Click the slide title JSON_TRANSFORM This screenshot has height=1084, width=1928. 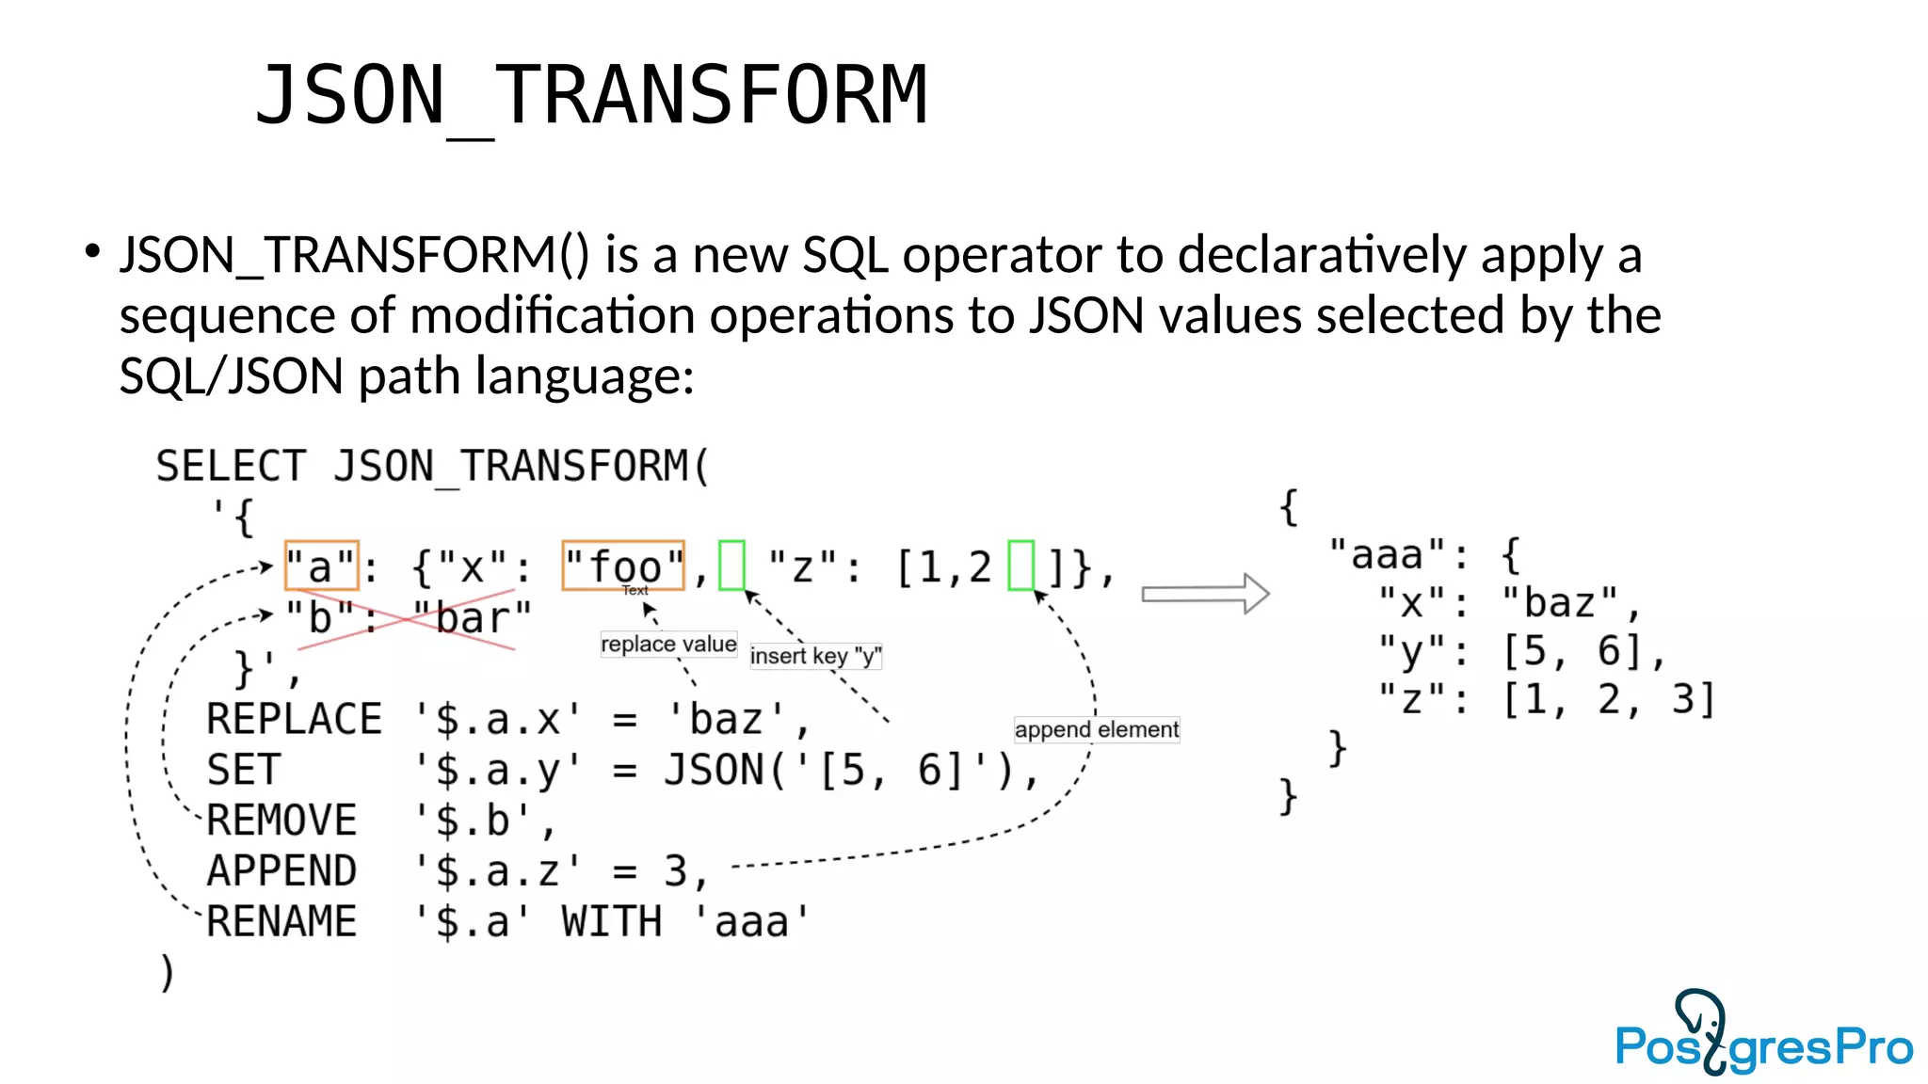pyautogui.click(x=591, y=95)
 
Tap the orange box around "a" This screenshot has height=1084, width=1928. pyautogui.click(x=321, y=566)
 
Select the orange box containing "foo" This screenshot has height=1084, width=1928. pyautogui.click(x=622, y=566)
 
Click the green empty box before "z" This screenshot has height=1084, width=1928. pyautogui.click(x=731, y=565)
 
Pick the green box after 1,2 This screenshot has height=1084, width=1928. pyautogui.click(x=1020, y=565)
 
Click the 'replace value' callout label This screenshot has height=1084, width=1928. pyautogui.click(x=668, y=645)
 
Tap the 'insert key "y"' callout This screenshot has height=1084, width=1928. pyautogui.click(x=815, y=656)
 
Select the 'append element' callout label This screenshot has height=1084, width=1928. pyautogui.click(x=1096, y=729)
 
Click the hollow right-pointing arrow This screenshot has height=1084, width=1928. pyautogui.click(x=1206, y=594)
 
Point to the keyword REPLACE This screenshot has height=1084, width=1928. pyautogui.click(x=294, y=720)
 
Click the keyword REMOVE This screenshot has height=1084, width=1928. pyautogui.click(x=281, y=821)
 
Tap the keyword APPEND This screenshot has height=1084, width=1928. pyautogui.click(x=281, y=871)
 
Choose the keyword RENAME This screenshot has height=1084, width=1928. pyautogui.click(x=281, y=921)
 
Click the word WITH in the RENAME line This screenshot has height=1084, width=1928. pyautogui.click(x=611, y=921)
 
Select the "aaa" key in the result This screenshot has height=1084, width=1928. pyautogui.click(x=1387, y=554)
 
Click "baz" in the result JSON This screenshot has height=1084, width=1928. pyautogui.click(x=1560, y=603)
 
